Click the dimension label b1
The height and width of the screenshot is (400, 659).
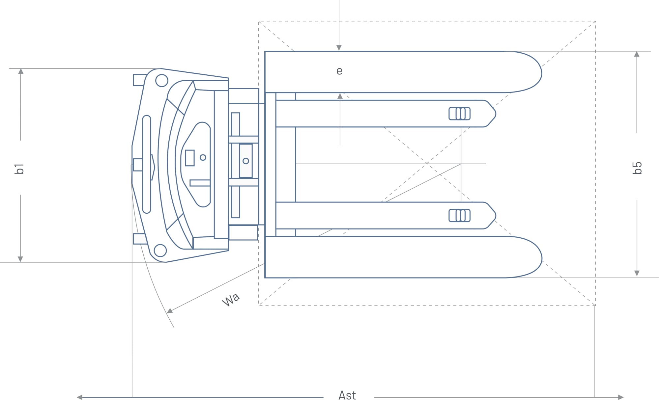click(20, 168)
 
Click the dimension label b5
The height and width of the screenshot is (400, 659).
click(637, 168)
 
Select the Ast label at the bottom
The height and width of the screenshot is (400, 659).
click(347, 395)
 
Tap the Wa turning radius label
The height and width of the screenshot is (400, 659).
click(231, 300)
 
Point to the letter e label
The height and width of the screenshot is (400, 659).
click(339, 71)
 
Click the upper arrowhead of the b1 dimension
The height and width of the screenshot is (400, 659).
click(21, 71)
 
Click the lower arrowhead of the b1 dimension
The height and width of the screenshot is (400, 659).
click(20, 259)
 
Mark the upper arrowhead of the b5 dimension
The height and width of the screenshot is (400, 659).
click(637, 54)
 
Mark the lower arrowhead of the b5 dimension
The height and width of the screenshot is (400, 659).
click(637, 273)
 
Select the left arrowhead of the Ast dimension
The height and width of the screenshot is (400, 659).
click(79, 397)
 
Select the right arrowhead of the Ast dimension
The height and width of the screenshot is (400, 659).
click(621, 397)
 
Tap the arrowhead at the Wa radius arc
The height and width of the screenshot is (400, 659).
click(170, 311)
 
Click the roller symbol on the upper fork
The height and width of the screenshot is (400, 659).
click(459, 114)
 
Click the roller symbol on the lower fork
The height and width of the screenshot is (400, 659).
click(459, 216)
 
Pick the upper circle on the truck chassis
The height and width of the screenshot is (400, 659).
click(161, 81)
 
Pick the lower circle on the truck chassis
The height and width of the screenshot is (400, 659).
click(160, 251)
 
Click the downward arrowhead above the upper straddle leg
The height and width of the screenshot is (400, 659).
click(339, 48)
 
